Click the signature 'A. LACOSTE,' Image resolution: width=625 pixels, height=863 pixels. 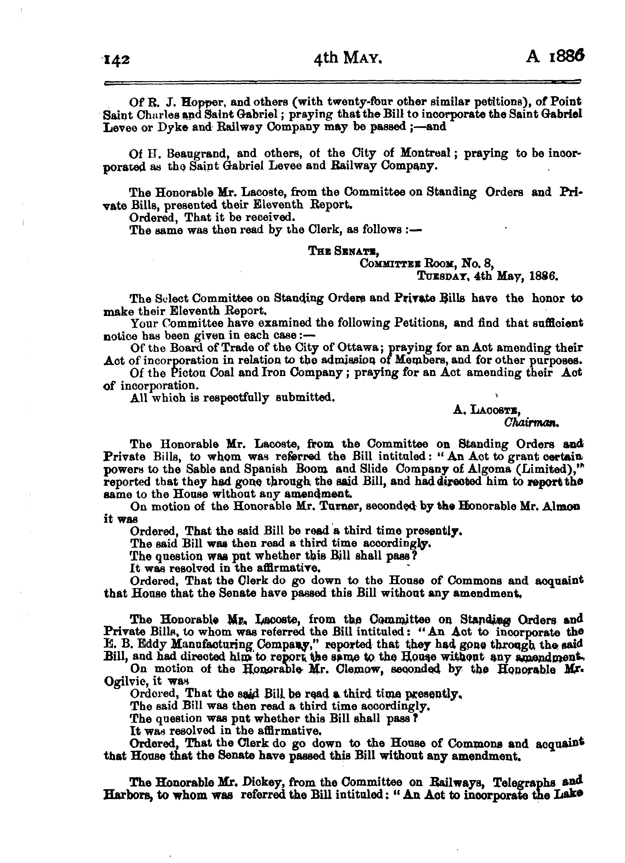click(x=487, y=410)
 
